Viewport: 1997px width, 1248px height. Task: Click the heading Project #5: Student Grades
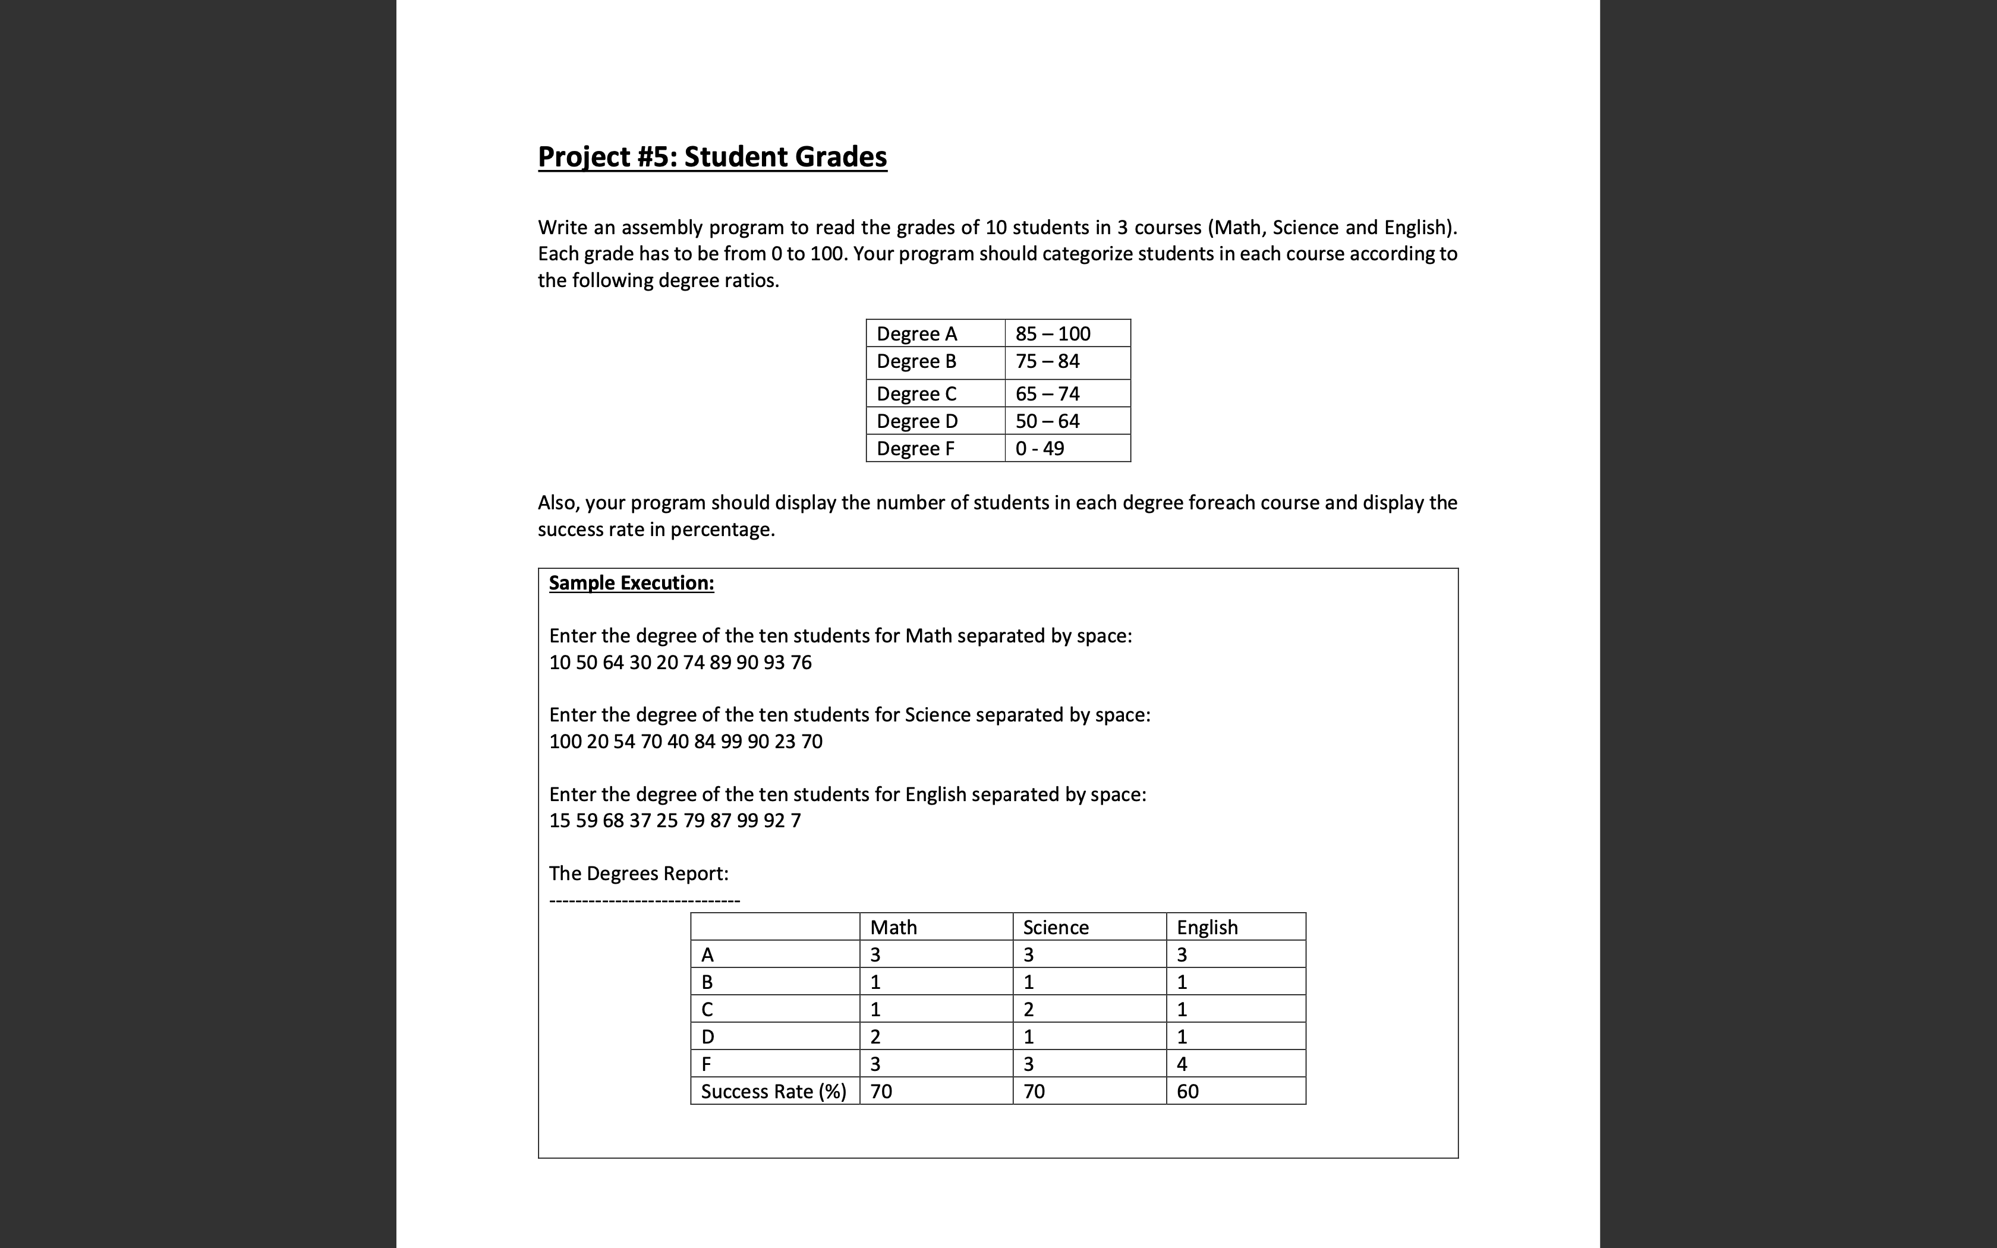click(x=712, y=157)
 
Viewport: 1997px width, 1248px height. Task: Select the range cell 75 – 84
click(x=1047, y=361)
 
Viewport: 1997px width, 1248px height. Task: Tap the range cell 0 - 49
click(x=1040, y=448)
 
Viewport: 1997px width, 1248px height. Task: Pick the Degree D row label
click(x=917, y=421)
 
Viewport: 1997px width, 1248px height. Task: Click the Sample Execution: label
click(x=631, y=583)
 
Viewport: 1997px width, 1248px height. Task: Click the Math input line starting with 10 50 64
click(x=680, y=662)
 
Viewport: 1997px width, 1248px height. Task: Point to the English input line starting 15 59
click(x=674, y=821)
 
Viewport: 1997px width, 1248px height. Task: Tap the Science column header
click(x=1056, y=927)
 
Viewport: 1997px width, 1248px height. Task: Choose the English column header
click(x=1207, y=927)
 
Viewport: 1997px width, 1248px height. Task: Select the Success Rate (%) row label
click(x=773, y=1091)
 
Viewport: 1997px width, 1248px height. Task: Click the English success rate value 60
click(x=1188, y=1091)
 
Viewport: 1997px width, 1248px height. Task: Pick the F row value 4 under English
click(x=1182, y=1064)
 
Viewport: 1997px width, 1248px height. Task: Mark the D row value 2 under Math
click(x=875, y=1036)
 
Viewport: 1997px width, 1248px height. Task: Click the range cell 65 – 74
click(x=1047, y=393)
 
